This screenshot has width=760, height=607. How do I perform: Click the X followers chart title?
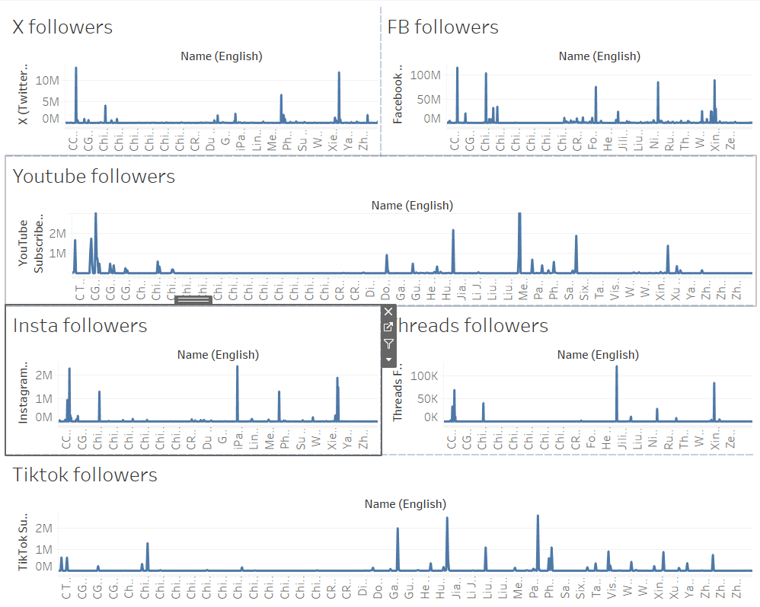coord(62,27)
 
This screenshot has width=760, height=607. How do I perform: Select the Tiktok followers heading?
coord(85,475)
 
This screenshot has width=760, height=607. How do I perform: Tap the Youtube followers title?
coord(94,177)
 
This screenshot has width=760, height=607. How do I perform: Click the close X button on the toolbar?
coord(388,312)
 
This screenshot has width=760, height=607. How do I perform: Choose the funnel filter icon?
coord(388,343)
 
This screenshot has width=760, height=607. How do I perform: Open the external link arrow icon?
coord(388,327)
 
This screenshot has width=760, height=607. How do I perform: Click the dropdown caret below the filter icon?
coord(388,359)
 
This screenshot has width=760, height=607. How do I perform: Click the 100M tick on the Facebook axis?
coord(425,75)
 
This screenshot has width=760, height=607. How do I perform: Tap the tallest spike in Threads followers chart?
coord(617,368)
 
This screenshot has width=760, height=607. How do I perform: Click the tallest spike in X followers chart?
coord(75,69)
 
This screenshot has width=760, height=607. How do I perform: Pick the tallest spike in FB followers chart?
coord(457,69)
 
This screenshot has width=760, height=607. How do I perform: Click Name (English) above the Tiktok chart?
coord(405,504)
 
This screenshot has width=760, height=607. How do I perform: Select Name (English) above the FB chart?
coord(599,56)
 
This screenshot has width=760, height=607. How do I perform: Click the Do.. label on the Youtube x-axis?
coord(385,292)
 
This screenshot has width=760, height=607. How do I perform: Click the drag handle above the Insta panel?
coord(193,300)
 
